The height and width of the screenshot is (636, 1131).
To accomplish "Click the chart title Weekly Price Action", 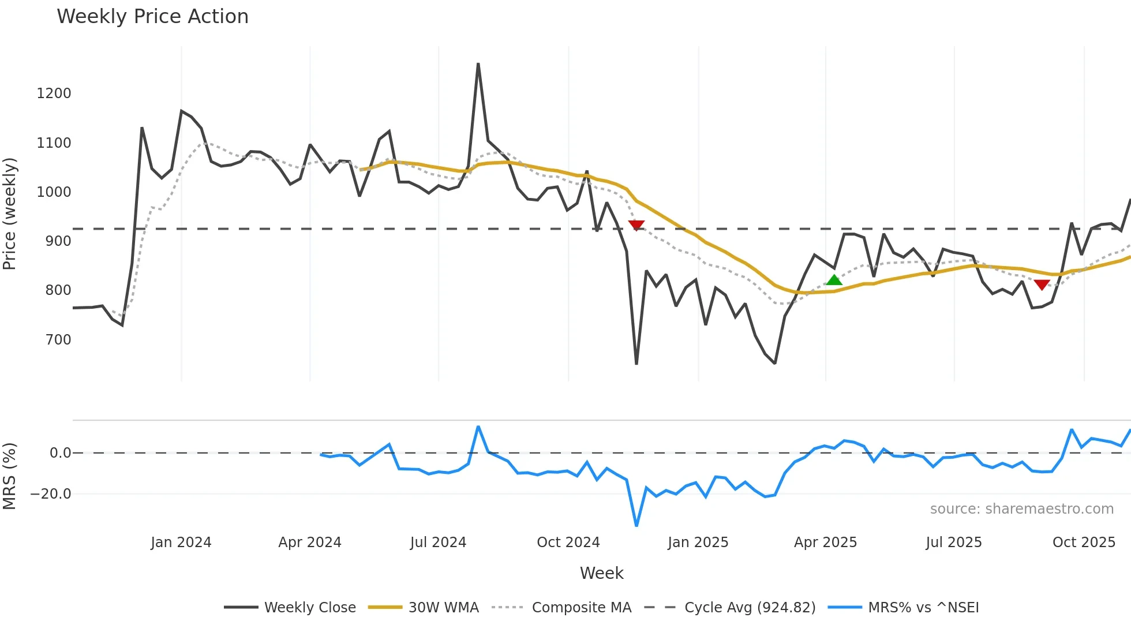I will tap(152, 17).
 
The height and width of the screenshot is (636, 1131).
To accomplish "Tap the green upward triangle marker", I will tap(834, 280).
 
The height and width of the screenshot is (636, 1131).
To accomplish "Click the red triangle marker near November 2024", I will tap(636, 225).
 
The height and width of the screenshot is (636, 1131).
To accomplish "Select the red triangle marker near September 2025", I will tap(1042, 285).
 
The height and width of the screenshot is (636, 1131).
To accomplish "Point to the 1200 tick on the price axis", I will tap(54, 93).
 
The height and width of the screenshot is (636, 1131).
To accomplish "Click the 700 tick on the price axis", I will tap(58, 339).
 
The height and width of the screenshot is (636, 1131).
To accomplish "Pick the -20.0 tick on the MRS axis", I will tap(51, 494).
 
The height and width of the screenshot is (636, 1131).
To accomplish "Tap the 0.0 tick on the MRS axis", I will tap(61, 453).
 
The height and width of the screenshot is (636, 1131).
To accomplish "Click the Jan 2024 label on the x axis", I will tap(181, 543).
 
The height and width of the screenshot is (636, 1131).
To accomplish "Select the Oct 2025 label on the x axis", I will tap(1083, 543).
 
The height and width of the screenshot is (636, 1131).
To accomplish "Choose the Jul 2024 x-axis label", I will tap(438, 543).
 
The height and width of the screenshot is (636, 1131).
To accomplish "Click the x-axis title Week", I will tap(601, 573).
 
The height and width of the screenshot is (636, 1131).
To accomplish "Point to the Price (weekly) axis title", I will tap(10, 214).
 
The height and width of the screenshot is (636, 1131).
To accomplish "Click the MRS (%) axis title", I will tap(10, 476).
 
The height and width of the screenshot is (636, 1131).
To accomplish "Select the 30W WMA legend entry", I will tap(443, 608).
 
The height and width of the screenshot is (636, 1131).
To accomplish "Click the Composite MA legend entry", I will tap(581, 608).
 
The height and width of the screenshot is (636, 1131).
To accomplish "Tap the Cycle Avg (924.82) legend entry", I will tap(750, 608).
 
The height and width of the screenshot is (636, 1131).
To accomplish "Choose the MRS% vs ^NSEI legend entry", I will tap(923, 608).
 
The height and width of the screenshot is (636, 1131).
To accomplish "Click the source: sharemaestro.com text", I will tap(1021, 509).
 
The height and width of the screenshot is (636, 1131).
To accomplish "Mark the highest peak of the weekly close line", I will tap(478, 64).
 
